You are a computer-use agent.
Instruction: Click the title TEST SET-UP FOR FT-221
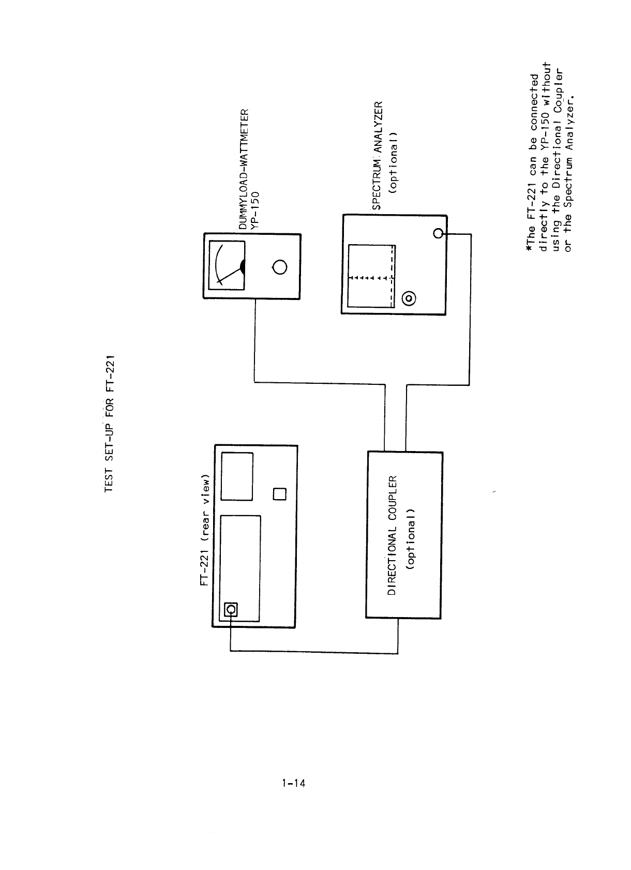[110, 424]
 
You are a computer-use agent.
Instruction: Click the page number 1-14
[293, 783]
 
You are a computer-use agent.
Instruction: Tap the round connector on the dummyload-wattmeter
[279, 267]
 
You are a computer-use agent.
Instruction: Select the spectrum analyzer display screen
[371, 276]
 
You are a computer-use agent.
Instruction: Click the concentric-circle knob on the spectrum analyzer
[409, 298]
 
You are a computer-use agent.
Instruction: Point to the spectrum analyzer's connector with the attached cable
[438, 234]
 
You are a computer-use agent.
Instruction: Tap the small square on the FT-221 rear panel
[279, 493]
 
